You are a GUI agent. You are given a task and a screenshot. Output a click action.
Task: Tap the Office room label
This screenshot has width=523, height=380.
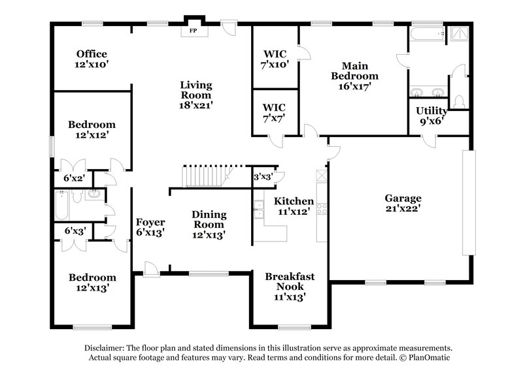[91, 59]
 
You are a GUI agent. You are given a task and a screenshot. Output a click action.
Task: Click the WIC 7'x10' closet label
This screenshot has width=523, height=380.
[275, 59]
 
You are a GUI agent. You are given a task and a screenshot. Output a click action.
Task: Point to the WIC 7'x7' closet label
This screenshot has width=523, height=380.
[275, 112]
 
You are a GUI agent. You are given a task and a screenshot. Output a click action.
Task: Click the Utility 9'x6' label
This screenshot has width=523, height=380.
[431, 116]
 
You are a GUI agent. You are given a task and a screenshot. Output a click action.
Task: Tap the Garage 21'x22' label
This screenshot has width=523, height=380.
[403, 203]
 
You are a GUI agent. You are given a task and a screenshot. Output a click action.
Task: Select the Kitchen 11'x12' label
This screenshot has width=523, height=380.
[294, 206]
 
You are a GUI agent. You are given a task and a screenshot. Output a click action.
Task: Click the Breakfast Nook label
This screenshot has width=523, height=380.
[289, 286]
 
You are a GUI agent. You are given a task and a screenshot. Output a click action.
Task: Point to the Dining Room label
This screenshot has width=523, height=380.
[209, 224]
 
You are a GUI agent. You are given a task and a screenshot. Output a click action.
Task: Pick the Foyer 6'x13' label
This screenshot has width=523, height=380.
[150, 227]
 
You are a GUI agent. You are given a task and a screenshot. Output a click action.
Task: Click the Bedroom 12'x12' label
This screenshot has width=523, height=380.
[92, 129]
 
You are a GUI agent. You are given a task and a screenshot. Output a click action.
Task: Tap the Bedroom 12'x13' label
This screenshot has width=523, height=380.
[92, 282]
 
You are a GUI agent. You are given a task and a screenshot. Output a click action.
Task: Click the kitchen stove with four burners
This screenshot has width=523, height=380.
[322, 209]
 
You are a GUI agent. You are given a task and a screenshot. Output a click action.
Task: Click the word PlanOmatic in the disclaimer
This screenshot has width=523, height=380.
[429, 358]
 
